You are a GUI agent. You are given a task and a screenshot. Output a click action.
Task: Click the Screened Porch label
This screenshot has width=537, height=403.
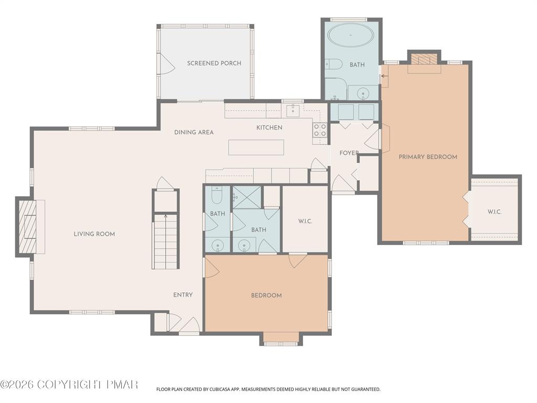click(214, 63)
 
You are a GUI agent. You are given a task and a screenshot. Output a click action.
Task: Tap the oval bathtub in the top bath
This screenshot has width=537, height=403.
click(351, 35)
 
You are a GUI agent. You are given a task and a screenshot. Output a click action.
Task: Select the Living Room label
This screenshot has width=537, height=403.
click(94, 234)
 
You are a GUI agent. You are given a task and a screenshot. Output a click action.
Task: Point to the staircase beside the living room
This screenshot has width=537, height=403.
click(165, 241)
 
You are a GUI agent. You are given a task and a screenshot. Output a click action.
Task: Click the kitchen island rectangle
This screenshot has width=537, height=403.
click(256, 147)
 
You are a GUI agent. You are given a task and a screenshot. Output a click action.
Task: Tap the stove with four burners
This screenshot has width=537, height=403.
click(320, 130)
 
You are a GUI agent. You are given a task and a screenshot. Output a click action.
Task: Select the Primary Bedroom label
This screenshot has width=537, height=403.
click(427, 157)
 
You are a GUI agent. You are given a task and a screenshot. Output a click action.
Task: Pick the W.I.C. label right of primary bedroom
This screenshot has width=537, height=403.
click(495, 212)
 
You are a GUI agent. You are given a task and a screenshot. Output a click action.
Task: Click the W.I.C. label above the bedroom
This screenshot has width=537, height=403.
click(305, 221)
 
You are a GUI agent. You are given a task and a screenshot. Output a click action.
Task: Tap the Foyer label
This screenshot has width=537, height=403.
click(349, 153)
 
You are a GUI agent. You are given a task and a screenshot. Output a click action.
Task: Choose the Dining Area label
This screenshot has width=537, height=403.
click(194, 132)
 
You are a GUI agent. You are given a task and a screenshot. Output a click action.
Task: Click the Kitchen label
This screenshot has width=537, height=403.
click(269, 128)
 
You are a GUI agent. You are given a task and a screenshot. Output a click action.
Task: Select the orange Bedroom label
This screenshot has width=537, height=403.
click(266, 295)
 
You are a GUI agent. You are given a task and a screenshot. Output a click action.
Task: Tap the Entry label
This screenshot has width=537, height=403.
click(183, 295)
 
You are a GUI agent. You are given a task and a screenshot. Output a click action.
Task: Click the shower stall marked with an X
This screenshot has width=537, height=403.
click(246, 197)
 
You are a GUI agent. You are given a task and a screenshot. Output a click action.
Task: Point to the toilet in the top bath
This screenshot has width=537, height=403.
click(333, 64)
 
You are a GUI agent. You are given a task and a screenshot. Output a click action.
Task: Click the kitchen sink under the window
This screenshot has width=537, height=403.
click(293, 111)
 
